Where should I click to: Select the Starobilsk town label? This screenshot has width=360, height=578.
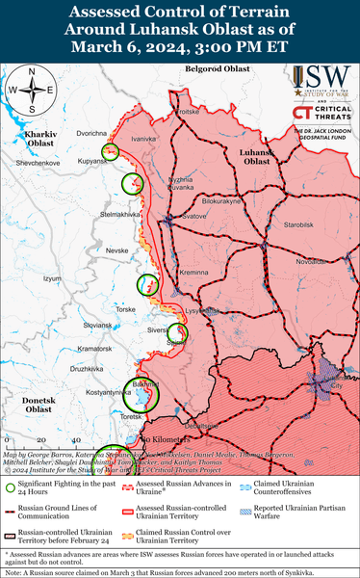(287, 224)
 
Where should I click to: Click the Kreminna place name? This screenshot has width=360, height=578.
(193, 274)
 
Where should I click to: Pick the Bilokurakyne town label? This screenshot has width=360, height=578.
(221, 201)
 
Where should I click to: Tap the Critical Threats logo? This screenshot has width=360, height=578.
(321, 115)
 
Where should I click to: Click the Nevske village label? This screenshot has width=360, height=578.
(116, 250)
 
